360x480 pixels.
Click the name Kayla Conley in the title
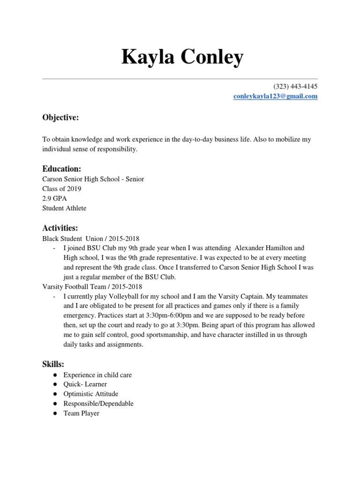tap(182, 57)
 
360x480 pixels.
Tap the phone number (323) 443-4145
tap(295, 87)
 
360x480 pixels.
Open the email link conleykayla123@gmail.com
tap(276, 97)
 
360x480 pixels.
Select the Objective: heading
tap(60, 118)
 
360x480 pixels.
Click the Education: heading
tap(62, 169)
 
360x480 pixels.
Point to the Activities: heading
tap(60, 228)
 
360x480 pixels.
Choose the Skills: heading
tap(53, 364)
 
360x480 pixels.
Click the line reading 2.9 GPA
tap(55, 198)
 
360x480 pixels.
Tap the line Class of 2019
tap(61, 189)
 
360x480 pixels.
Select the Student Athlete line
tap(64, 208)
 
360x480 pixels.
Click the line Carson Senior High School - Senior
tap(93, 179)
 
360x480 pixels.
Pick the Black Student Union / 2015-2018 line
tap(91, 239)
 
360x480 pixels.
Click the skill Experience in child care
tap(97, 375)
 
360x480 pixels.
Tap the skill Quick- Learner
tap(85, 384)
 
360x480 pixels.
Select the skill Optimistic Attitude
tap(91, 394)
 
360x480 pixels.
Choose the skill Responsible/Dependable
tap(98, 404)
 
